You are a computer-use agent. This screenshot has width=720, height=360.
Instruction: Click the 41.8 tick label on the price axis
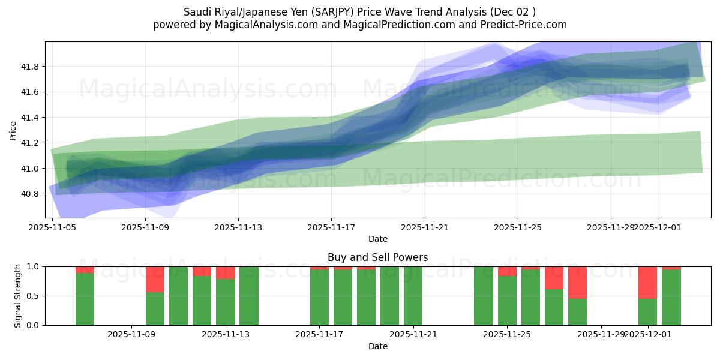[30, 67]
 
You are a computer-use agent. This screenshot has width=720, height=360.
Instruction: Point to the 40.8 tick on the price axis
[30, 194]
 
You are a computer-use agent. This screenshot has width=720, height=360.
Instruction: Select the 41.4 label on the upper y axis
[30, 118]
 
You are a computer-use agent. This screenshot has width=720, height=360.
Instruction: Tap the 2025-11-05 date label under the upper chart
[52, 227]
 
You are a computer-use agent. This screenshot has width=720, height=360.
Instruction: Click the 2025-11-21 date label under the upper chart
[425, 227]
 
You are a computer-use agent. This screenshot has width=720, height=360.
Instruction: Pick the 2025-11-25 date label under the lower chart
[507, 335]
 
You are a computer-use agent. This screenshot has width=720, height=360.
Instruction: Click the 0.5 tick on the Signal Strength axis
[33, 296]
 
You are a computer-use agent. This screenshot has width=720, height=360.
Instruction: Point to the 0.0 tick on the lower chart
[33, 325]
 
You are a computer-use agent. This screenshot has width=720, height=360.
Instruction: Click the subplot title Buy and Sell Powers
[377, 258]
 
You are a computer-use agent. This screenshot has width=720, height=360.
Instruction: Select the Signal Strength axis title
[18, 296]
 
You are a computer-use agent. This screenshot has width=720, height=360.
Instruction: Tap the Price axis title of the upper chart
[13, 130]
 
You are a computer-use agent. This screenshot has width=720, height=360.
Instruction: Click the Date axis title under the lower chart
[377, 346]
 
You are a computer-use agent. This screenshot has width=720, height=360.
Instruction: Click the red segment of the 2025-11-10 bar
[155, 279]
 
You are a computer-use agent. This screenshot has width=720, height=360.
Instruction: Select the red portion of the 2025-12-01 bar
[648, 282]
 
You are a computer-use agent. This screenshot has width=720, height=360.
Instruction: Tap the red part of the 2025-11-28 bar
[577, 282]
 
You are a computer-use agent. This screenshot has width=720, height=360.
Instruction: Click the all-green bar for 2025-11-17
[319, 297]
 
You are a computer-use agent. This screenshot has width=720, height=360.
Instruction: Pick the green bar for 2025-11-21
[413, 297]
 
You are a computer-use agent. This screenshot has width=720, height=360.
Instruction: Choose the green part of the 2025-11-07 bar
[85, 300]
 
